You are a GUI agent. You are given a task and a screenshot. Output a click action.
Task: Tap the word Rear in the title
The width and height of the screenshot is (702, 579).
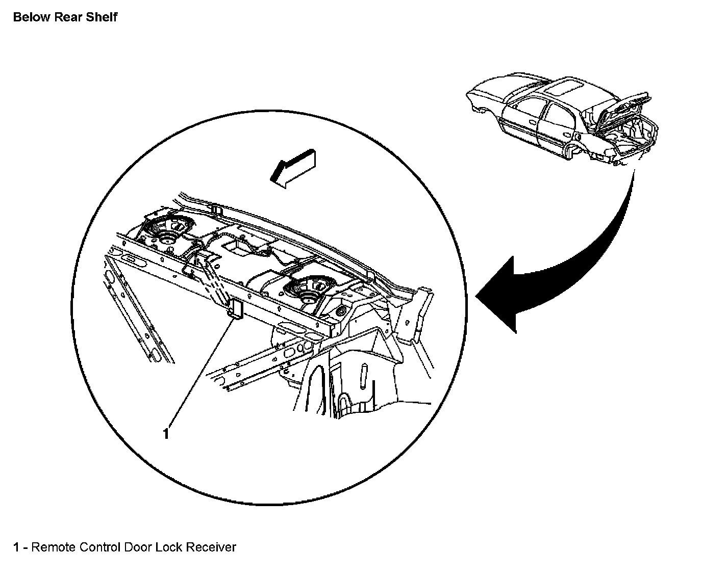(70, 17)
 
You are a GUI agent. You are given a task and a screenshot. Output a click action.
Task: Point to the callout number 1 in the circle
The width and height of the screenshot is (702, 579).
(166, 434)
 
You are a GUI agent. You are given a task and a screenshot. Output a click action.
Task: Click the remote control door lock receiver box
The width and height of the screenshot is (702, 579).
(236, 309)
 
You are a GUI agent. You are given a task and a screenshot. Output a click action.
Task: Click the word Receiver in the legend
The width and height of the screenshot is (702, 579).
(211, 547)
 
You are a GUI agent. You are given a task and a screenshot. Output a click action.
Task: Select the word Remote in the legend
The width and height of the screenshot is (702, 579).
(54, 547)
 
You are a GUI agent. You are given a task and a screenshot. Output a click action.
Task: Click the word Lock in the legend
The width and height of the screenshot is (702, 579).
(168, 547)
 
